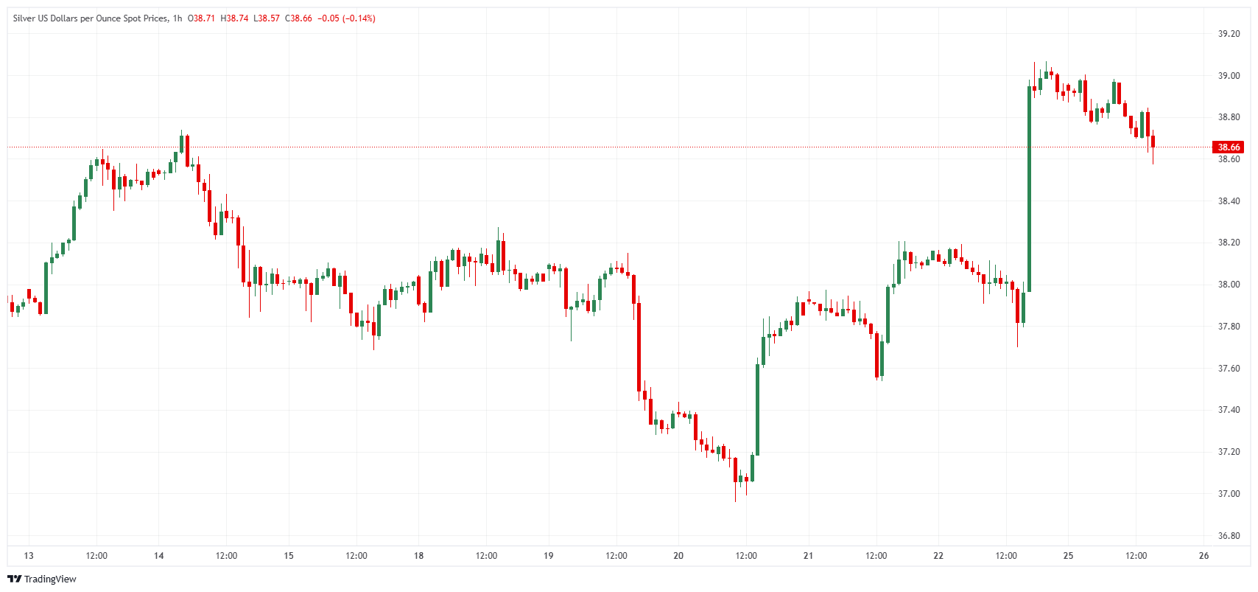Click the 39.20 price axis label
1229,34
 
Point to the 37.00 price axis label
1229,494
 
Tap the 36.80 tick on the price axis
1229,536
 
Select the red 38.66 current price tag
1228,147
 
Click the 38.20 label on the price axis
1229,243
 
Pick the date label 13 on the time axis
29,556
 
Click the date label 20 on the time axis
678,556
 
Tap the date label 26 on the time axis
1203,556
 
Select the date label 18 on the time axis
418,556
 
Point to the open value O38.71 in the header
201,18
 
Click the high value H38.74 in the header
234,18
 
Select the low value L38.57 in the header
267,18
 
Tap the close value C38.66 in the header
298,18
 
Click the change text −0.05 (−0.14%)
346,18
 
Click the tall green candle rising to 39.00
1029,188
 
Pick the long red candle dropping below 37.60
639,347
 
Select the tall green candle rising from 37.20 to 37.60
757,409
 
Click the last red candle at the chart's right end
1153,142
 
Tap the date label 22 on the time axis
938,556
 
